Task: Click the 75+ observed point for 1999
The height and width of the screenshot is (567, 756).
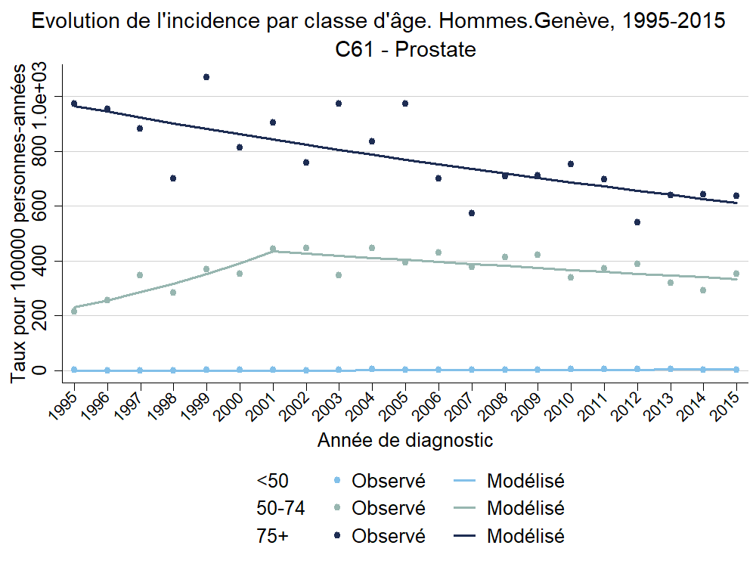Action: click(x=206, y=77)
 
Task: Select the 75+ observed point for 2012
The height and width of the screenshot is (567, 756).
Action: click(x=637, y=222)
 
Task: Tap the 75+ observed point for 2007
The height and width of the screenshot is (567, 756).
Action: click(x=472, y=213)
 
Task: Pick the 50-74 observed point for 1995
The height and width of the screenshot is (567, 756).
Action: click(x=74, y=311)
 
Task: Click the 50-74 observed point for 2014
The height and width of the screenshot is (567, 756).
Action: click(x=703, y=290)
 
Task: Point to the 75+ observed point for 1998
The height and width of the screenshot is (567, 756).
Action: click(x=173, y=178)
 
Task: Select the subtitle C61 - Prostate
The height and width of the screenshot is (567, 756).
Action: click(x=405, y=50)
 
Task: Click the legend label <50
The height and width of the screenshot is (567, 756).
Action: click(x=273, y=481)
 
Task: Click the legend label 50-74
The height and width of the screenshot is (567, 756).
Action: click(x=280, y=508)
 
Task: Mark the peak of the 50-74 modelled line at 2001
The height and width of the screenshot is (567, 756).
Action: click(x=273, y=251)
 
